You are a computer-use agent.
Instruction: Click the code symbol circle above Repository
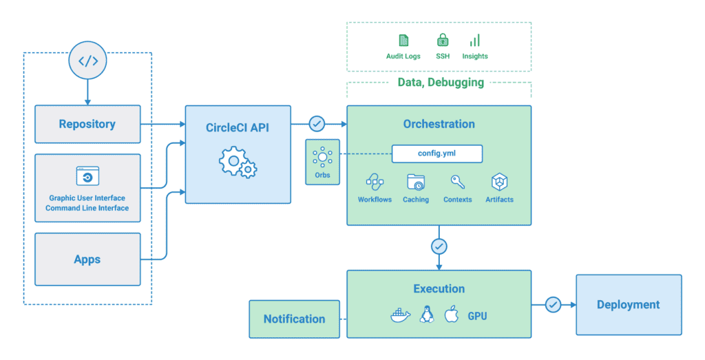pos(87,61)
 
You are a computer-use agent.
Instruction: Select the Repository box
pos(87,124)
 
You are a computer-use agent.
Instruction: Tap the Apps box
pos(87,259)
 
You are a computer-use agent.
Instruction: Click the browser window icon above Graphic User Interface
pos(87,177)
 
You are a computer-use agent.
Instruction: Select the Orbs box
pos(322,162)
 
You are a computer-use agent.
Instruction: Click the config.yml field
pos(437,153)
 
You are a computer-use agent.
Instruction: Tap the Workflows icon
pos(375,182)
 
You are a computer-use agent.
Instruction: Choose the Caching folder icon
pos(416,182)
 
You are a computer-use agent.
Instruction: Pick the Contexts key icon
pos(457,182)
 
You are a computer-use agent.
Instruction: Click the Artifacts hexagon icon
pos(499,182)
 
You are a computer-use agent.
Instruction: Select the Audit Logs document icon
pos(403,40)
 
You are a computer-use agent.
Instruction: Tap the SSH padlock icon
pos(443,40)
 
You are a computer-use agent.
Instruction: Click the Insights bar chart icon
pos(475,40)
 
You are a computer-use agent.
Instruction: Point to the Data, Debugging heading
pos(441,83)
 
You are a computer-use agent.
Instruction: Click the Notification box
pos(294,319)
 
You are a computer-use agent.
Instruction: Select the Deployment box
pos(628,305)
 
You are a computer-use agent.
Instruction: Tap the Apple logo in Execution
pos(451,316)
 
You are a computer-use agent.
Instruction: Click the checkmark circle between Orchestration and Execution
pos(439,246)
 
